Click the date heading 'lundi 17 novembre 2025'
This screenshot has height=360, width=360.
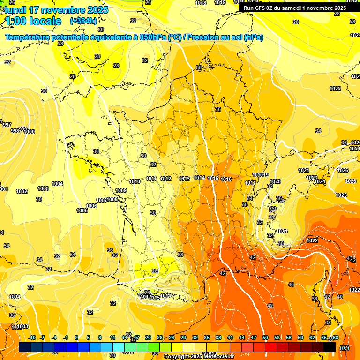(x=56, y=10)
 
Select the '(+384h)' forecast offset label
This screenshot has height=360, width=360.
(x=83, y=21)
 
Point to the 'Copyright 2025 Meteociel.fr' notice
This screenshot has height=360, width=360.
(x=199, y=356)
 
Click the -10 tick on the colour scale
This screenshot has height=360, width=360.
(x=32, y=337)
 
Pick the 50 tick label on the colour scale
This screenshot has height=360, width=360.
(x=265, y=337)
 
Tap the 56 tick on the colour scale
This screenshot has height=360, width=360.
(x=289, y=337)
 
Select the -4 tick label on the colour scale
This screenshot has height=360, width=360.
(x=54, y=337)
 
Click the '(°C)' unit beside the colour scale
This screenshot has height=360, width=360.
(x=344, y=348)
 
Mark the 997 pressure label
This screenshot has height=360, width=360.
(x=7, y=125)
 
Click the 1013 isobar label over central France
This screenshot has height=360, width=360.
(x=184, y=179)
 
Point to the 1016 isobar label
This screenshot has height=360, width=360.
(x=226, y=179)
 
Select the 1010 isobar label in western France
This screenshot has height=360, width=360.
(x=135, y=181)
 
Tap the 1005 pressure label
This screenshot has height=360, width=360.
(x=82, y=210)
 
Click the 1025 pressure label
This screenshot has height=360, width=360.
(x=341, y=195)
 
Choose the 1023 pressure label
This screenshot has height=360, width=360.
(x=312, y=178)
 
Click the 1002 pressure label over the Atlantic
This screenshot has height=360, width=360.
(x=22, y=191)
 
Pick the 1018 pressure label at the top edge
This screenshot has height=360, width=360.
(x=201, y=3)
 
